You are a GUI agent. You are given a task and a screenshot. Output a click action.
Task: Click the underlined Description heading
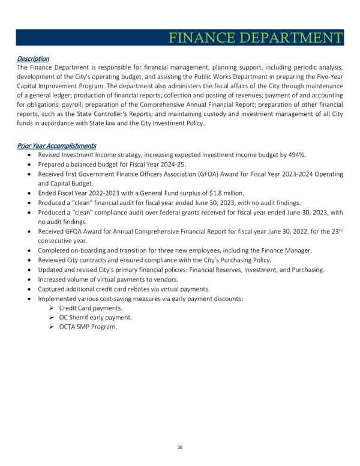32,58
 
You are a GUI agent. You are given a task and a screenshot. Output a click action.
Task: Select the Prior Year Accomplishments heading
56,146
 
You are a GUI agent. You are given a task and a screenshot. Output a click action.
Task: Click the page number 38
180,447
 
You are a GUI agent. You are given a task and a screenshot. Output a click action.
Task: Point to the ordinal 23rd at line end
337,232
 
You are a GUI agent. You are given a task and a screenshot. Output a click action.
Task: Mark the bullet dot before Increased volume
29,279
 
